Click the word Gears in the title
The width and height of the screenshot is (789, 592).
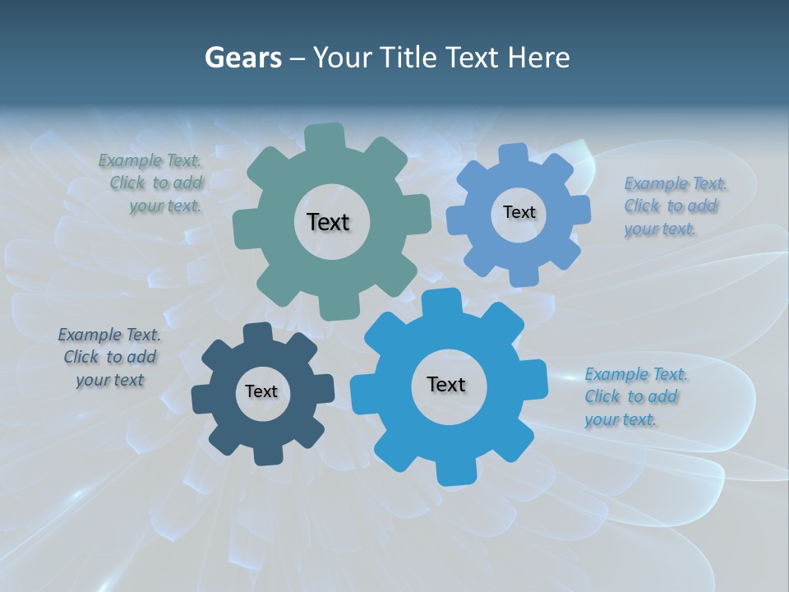242,58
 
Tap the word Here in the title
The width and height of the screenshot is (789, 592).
538,58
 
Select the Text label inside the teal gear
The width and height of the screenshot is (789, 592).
328,222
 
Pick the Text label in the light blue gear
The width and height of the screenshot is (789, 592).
519,212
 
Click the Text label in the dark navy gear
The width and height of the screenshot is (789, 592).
261,391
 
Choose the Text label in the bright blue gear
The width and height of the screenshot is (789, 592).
446,384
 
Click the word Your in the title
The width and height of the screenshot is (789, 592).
342,58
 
